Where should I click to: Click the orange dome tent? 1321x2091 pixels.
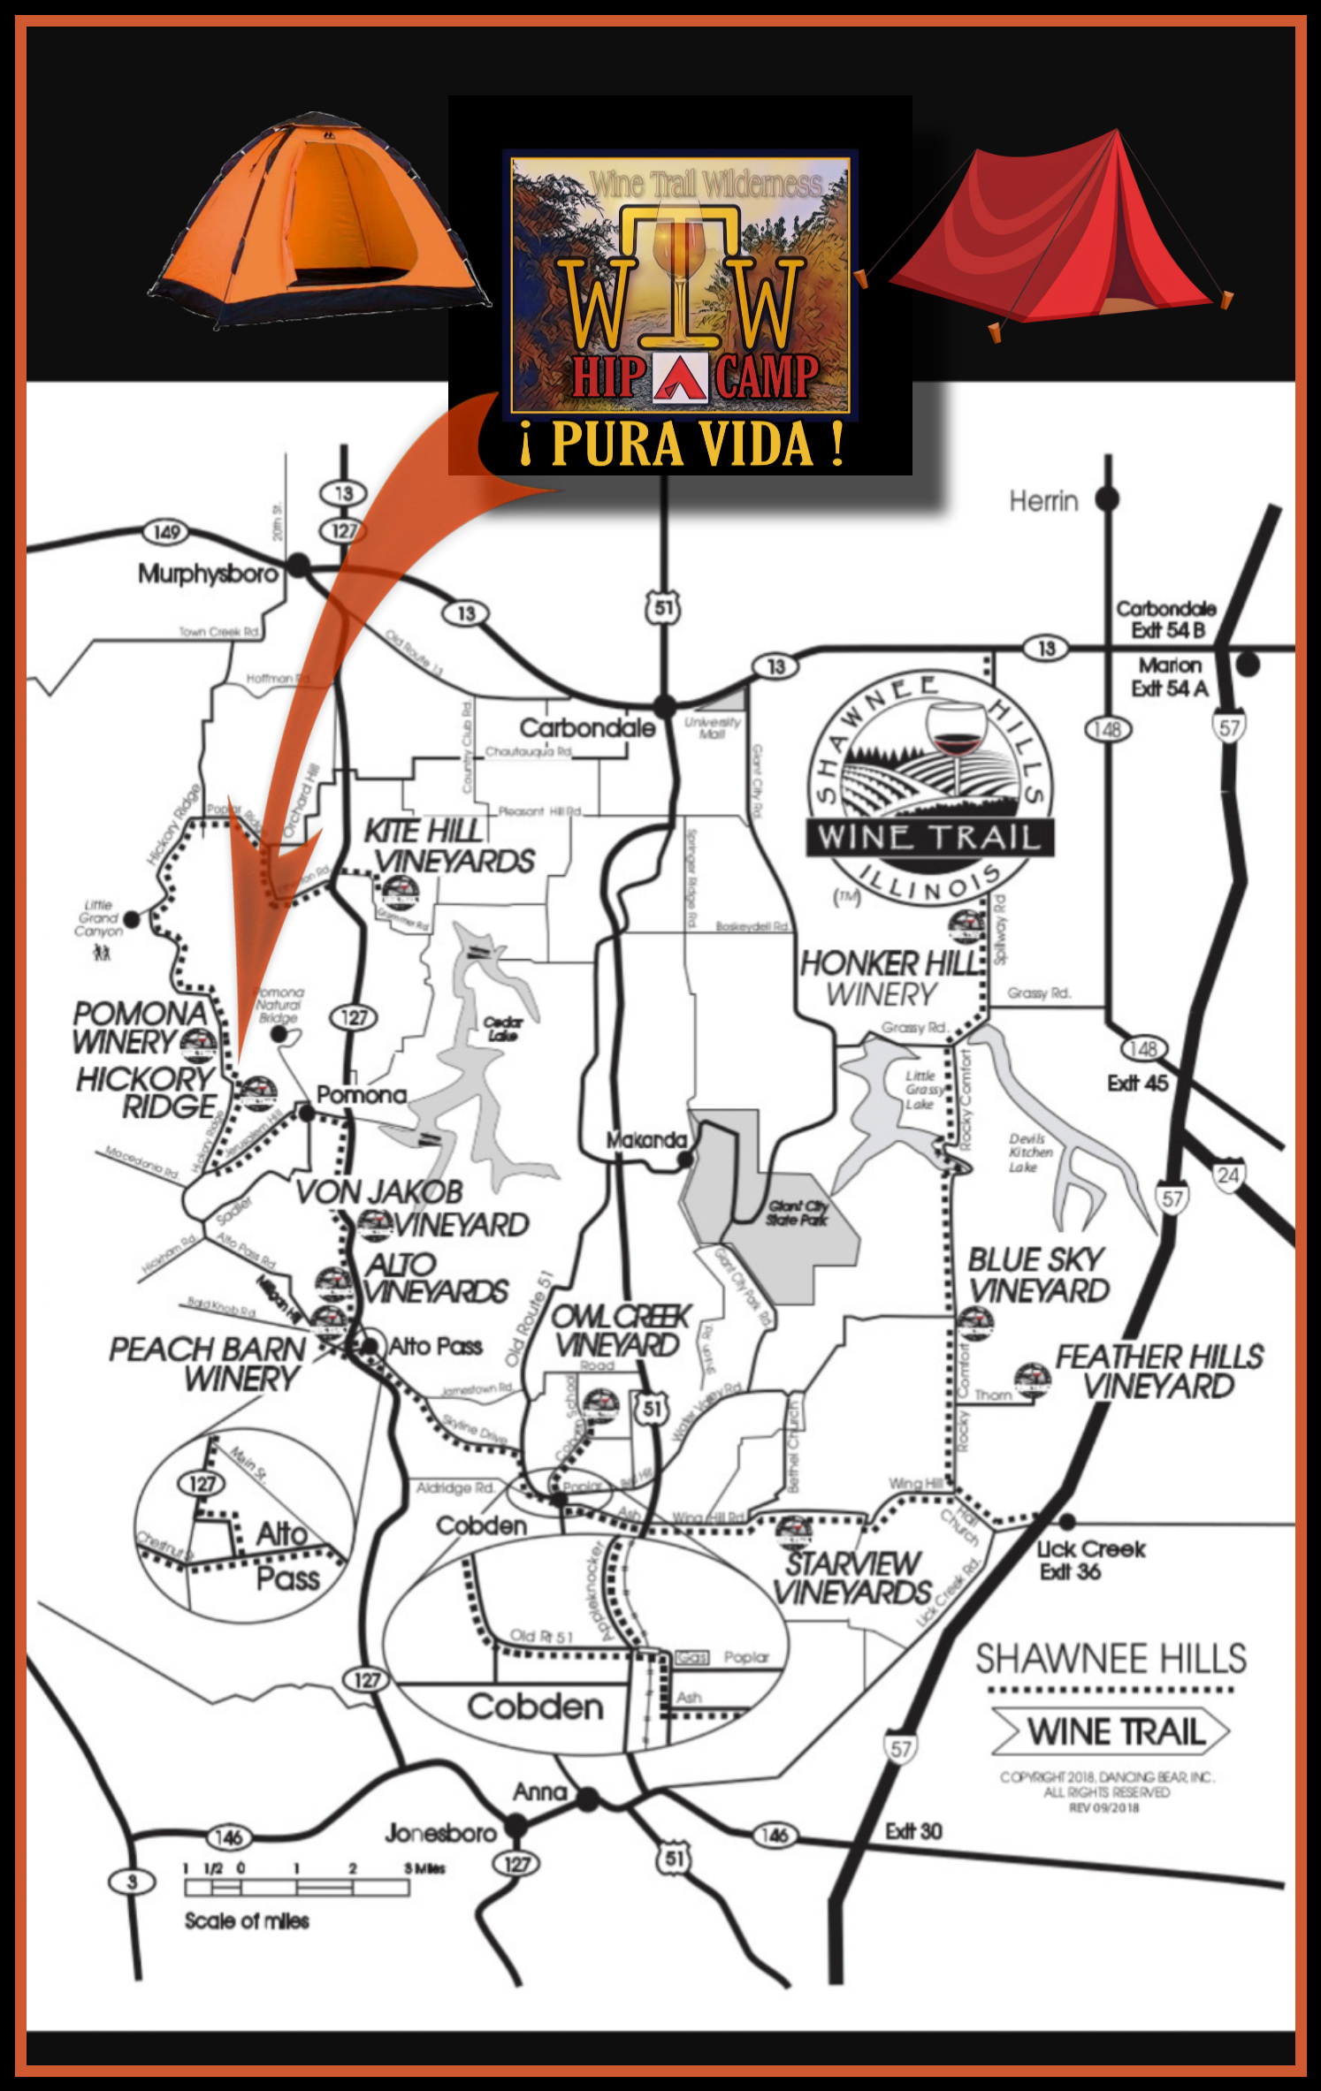[318, 221]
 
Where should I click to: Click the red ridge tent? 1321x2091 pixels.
[1061, 234]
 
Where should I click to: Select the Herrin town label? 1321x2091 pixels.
[1043, 502]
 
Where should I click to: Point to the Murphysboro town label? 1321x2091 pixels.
[208, 574]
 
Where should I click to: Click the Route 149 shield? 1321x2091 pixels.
[166, 532]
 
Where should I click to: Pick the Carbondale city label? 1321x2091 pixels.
[587, 728]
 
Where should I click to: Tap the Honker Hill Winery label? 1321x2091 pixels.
[889, 978]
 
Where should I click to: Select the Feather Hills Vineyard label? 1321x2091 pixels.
[1159, 1372]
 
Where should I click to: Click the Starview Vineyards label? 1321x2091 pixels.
[853, 1578]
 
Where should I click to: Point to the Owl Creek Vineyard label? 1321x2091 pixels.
[619, 1331]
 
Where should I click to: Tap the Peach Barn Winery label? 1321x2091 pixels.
[208, 1364]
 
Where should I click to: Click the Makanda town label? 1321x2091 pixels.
[646, 1140]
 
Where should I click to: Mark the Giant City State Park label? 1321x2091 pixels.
[797, 1213]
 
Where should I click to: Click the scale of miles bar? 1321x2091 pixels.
[297, 1888]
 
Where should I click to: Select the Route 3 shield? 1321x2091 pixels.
[132, 1882]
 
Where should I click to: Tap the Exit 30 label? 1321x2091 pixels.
[913, 1831]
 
